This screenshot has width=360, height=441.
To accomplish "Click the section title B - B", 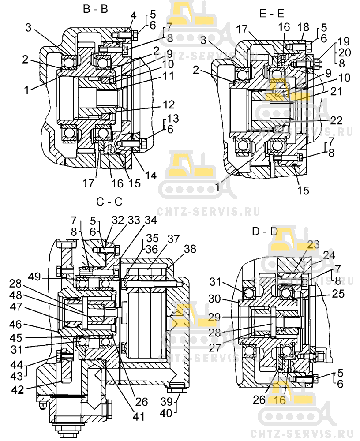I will coord(95,9).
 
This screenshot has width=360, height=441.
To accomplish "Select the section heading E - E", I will coord(271,14).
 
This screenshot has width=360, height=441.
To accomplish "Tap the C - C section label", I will coord(109,202).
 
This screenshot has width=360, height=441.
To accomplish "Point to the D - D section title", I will coord(265,230).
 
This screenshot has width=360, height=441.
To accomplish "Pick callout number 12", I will coord(169,105).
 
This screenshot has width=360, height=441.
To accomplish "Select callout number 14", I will coord(151,175).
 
